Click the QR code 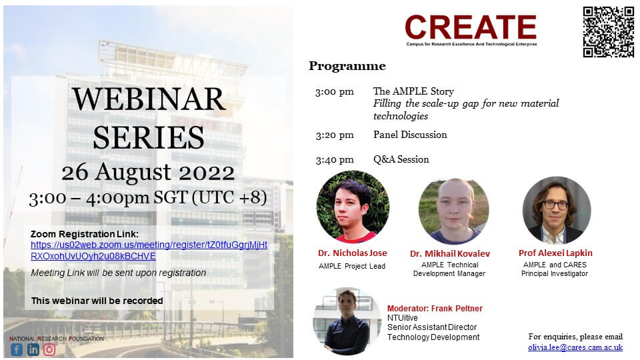tap(608, 32)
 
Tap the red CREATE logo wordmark tap(471, 27)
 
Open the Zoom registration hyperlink tap(149, 250)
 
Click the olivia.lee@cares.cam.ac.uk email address tap(575, 347)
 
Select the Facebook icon tap(17, 349)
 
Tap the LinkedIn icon tap(33, 349)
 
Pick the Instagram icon tap(49, 349)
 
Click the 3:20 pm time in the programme tap(334, 135)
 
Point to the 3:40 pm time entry tap(334, 159)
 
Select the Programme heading tap(347, 66)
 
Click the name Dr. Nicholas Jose tap(352, 253)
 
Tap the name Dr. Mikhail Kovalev tap(450, 253)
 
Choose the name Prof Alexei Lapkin tap(555, 253)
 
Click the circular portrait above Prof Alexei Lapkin tap(557, 210)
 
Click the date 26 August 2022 tap(148, 172)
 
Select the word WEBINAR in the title tap(149, 99)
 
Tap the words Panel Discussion tap(410, 135)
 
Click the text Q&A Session tap(401, 159)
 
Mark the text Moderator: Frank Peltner tap(435, 309)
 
